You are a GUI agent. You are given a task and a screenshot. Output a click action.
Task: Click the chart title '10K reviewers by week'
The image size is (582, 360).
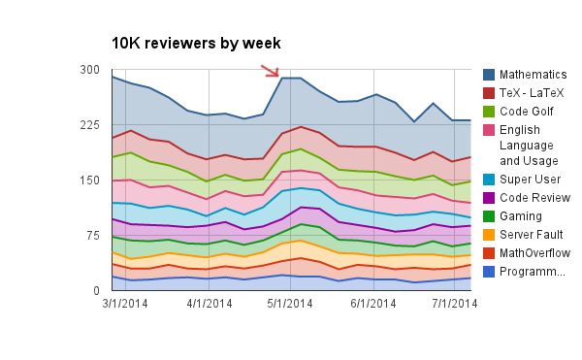196,43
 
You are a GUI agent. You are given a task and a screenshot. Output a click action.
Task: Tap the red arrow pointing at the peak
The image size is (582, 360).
270,71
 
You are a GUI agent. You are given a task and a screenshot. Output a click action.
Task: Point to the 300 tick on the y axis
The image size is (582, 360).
90,70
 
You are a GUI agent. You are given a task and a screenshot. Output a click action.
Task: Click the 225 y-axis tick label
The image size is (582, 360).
90,125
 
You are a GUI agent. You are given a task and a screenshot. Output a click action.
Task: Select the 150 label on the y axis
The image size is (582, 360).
90,180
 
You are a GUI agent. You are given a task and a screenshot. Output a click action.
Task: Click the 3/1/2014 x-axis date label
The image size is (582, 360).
126,304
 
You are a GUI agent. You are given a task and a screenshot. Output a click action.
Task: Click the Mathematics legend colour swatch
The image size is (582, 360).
490,75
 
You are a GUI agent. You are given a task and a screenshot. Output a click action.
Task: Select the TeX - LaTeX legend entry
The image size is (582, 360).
532,93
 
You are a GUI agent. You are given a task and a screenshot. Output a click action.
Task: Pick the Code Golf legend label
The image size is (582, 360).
528,112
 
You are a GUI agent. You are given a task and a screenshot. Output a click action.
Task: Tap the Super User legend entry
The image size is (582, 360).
530,180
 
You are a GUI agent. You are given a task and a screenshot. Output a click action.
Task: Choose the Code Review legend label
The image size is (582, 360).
534,198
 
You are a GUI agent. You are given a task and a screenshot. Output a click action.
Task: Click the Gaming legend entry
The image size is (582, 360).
522,216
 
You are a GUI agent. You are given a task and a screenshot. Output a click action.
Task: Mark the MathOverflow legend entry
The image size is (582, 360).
534,253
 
